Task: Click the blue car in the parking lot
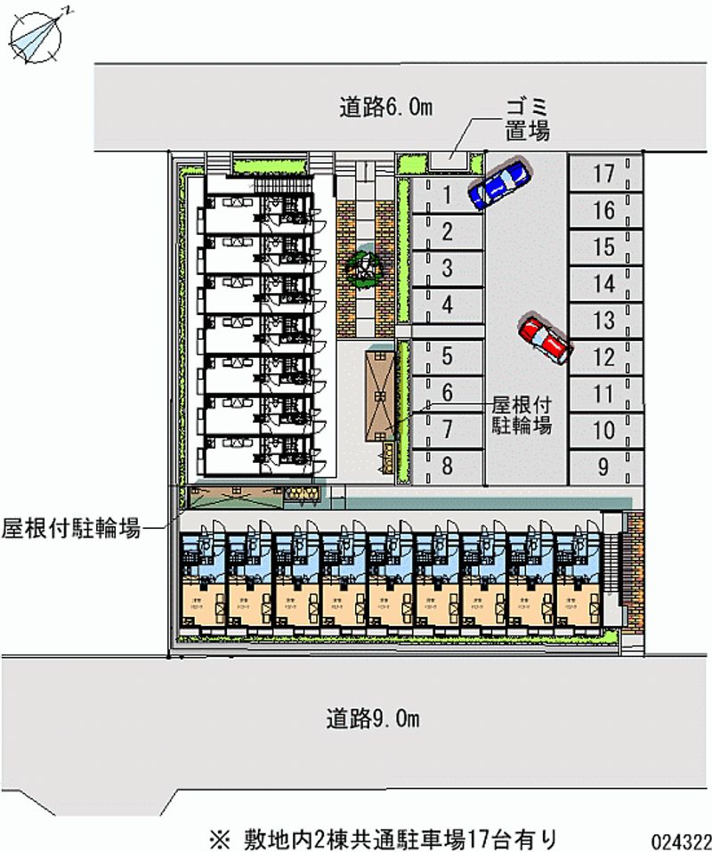(499, 183)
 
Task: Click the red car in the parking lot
(544, 339)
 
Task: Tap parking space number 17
(604, 174)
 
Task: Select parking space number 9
(604, 466)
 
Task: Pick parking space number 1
(448, 194)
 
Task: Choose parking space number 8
(448, 465)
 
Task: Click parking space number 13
(604, 321)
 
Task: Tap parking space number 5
(448, 356)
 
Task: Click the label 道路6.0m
(385, 108)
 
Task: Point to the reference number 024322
(679, 840)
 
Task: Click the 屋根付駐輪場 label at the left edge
(70, 529)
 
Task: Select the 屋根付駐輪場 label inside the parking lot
(522, 414)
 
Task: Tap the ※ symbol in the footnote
(217, 839)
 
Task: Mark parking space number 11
(604, 394)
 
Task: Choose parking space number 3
(448, 267)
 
